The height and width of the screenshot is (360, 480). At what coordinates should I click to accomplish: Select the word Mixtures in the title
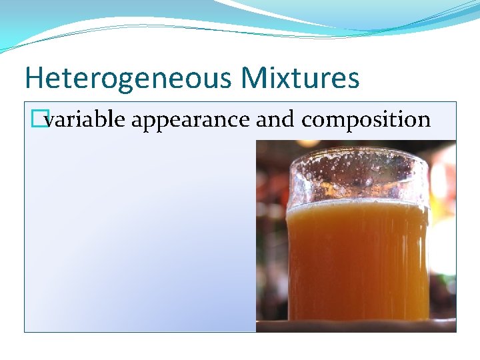(x=301, y=78)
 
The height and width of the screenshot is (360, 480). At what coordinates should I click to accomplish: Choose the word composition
(x=366, y=121)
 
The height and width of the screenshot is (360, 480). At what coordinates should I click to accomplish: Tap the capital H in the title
(x=33, y=78)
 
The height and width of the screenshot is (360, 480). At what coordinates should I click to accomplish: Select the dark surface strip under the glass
(x=357, y=325)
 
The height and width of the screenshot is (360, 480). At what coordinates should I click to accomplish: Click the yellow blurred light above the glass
(x=308, y=143)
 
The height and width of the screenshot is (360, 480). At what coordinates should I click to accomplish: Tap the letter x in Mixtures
(x=285, y=78)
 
